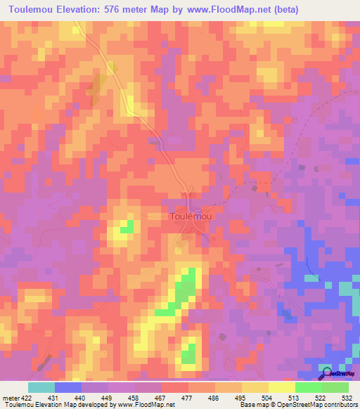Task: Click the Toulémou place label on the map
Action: tap(191, 217)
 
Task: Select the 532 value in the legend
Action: tap(347, 398)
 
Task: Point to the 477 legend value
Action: tap(188, 398)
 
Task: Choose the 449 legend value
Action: tap(108, 398)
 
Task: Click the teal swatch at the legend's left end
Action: tap(41, 387)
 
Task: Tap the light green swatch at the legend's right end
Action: tap(335, 387)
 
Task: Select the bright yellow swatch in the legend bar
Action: tap(281, 387)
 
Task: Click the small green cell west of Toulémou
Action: tap(127, 227)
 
